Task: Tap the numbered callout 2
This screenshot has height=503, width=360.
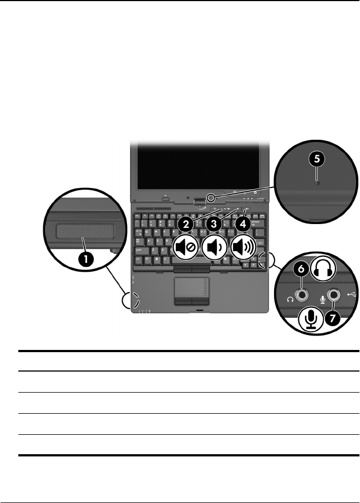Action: pyautogui.click(x=186, y=224)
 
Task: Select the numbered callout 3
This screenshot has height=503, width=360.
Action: pyautogui.click(x=214, y=224)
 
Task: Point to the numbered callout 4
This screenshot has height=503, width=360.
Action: pyautogui.click(x=242, y=224)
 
